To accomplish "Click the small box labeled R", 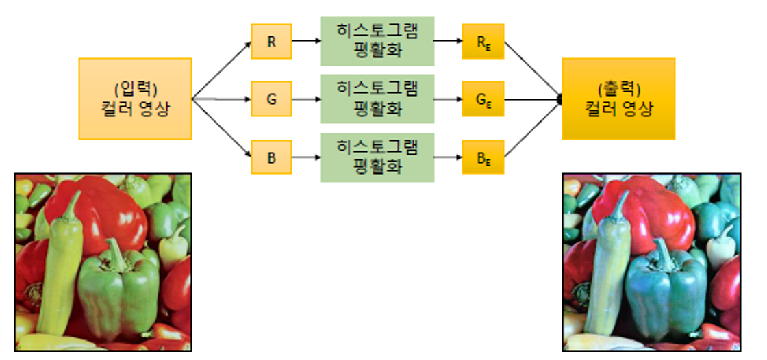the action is (271, 41).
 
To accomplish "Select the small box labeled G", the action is (271, 99).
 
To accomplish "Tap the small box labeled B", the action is (271, 157).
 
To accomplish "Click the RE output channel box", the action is (483, 41).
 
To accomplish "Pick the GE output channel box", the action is (483, 99).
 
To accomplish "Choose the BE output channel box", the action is (483, 157).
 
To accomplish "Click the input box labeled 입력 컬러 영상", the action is (135, 99).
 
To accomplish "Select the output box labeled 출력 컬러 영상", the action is (618, 99).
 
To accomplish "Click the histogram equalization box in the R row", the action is (377, 41).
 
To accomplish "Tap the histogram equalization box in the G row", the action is (377, 99).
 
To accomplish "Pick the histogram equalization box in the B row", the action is (377, 157).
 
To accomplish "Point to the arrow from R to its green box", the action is (306, 41).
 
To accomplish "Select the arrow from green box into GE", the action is (448, 99).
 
